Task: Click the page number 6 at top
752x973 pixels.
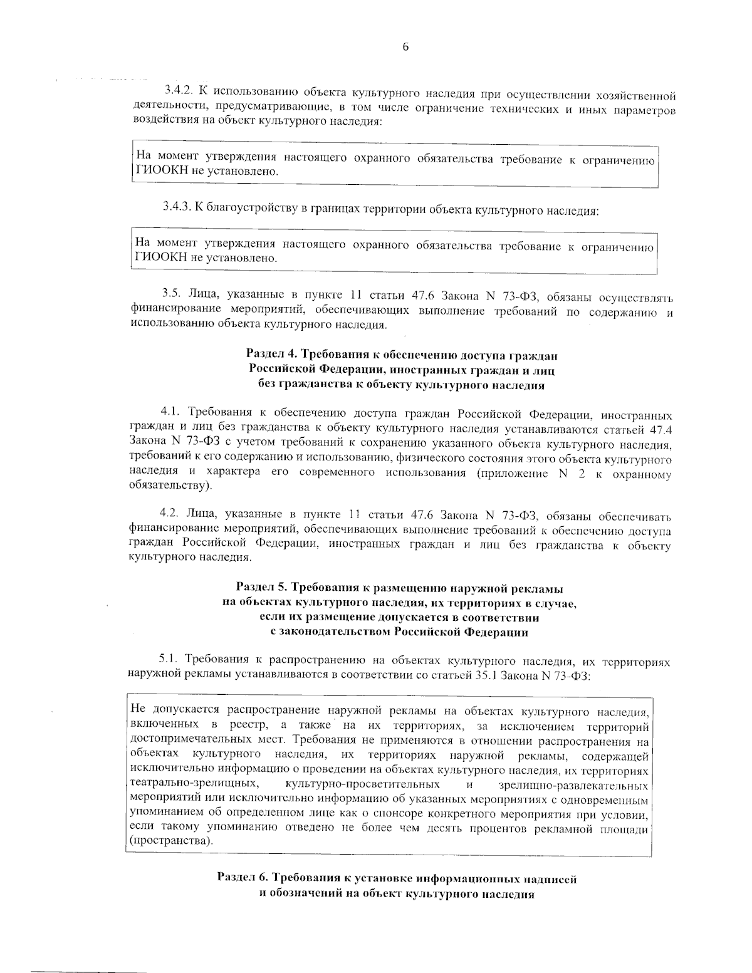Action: pyautogui.click(x=405, y=48)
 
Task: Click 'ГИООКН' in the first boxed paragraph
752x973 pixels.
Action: pyautogui.click(x=157, y=171)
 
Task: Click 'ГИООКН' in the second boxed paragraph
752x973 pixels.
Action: pyautogui.click(x=157, y=258)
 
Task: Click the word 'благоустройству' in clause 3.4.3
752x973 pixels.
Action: pyautogui.click(x=248, y=207)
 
